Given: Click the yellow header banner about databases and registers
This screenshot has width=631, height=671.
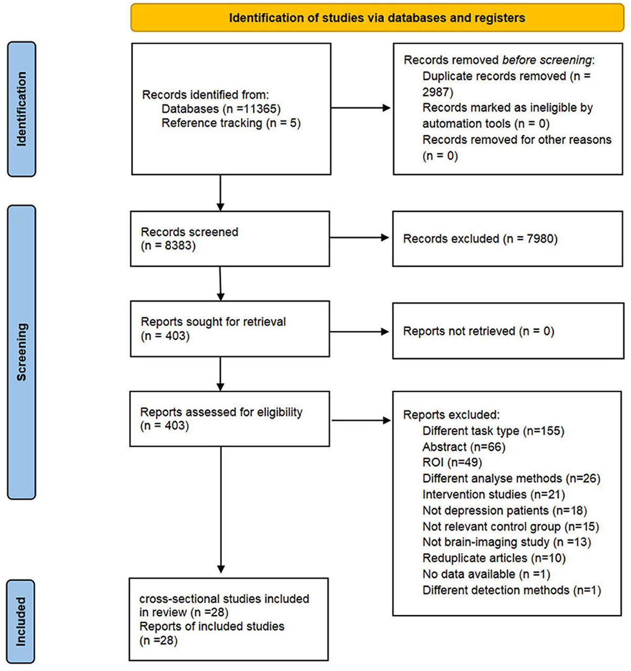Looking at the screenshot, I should (x=377, y=17).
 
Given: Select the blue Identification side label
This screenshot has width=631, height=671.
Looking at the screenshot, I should (x=22, y=109).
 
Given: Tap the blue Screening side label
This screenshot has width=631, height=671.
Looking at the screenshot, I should (x=22, y=352).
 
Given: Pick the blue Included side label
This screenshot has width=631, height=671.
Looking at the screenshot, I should (x=21, y=621).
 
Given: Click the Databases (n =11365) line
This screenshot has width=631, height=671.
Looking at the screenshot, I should (x=221, y=109).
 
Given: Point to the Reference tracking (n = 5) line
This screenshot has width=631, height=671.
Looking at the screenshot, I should (x=231, y=123).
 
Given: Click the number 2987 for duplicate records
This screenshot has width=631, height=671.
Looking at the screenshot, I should (x=437, y=92).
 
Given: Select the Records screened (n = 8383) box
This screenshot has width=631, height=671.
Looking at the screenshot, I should (x=230, y=239).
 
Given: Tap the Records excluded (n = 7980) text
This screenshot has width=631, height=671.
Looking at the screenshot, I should (x=480, y=239).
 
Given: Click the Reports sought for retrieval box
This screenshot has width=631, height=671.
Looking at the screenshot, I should (x=230, y=329).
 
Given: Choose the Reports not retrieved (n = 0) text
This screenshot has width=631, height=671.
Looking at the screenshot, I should (x=479, y=331).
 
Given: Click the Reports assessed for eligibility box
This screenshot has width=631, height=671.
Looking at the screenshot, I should (x=230, y=419).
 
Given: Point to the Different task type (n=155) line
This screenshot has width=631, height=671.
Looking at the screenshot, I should (x=493, y=431).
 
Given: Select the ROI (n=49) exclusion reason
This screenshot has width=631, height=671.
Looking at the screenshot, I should (x=452, y=463).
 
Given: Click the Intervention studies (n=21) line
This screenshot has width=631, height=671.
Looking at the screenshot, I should (x=493, y=494).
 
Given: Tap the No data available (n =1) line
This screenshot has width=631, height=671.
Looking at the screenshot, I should (x=486, y=574).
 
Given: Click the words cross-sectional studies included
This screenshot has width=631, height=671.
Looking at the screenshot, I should (x=224, y=599).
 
